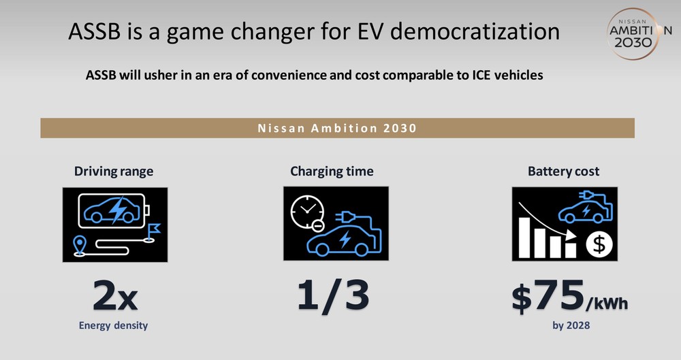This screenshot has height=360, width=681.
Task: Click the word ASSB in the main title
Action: pyautogui.click(x=94, y=32)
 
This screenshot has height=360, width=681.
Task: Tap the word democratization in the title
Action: pyautogui.click(x=475, y=32)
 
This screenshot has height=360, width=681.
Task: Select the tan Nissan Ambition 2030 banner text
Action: pyautogui.click(x=337, y=128)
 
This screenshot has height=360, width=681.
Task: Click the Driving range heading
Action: pyautogui.click(x=114, y=171)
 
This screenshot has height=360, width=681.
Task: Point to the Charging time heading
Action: pyautogui.click(x=332, y=171)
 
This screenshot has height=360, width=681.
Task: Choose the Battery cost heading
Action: pyautogui.click(x=563, y=171)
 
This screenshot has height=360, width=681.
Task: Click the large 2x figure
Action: pyautogui.click(x=115, y=295)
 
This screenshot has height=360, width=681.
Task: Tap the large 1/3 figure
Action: pyautogui.click(x=333, y=295)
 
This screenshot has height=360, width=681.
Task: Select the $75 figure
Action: pyautogui.click(x=548, y=295)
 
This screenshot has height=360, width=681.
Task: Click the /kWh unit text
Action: pyautogui.click(x=607, y=303)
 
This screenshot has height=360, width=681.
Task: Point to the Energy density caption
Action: pyautogui.click(x=113, y=325)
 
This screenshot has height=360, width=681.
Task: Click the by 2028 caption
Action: pyautogui.click(x=571, y=325)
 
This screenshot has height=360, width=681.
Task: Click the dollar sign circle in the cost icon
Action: pyautogui.click(x=599, y=244)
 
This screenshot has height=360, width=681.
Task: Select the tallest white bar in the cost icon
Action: pyautogui.click(x=524, y=238)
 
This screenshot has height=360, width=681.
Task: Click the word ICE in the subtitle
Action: pyautogui.click(x=482, y=75)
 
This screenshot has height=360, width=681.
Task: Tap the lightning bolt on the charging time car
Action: pyautogui.click(x=345, y=240)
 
